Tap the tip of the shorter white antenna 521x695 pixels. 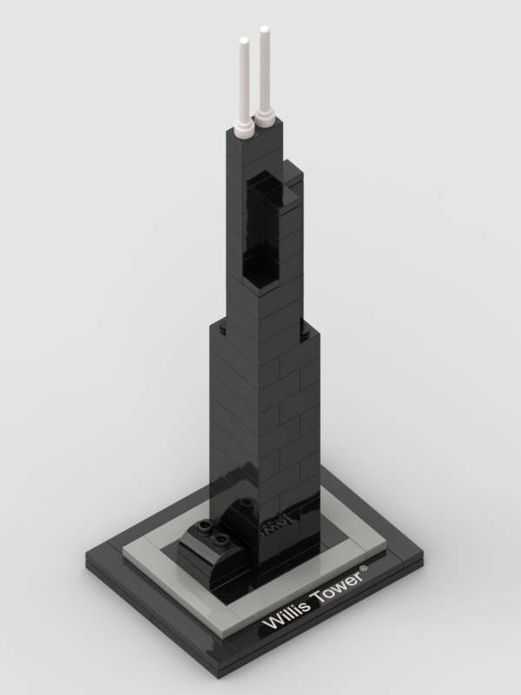[244, 39]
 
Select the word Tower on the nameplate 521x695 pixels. [338, 586]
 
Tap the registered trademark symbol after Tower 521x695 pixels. [364, 568]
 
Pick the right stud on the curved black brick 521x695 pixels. [221, 539]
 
